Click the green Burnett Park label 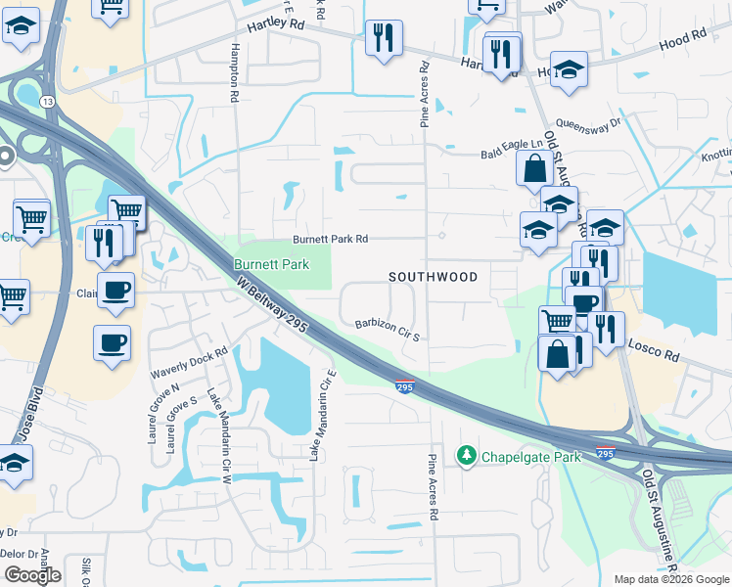271,264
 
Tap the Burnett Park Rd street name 330,239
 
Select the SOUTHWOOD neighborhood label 433,277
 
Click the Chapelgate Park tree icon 467,456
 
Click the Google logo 32,574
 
